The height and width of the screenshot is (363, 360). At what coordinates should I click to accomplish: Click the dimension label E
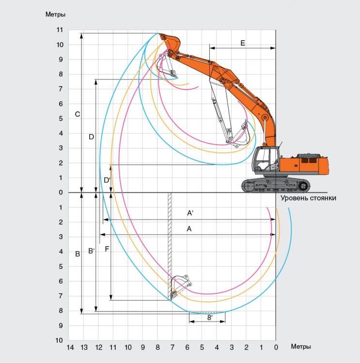(x=242, y=43)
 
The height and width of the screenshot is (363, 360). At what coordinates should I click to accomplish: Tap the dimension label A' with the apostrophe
(x=190, y=213)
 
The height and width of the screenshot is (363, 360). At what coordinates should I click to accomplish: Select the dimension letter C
(x=78, y=114)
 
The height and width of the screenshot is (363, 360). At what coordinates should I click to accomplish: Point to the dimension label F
(x=107, y=249)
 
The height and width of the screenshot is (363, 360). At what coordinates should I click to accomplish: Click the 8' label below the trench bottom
(x=209, y=318)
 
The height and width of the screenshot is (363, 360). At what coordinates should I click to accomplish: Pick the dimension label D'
(x=107, y=180)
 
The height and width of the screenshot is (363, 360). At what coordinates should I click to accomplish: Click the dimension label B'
(x=92, y=251)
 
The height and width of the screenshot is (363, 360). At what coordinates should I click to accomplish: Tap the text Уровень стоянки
(x=308, y=198)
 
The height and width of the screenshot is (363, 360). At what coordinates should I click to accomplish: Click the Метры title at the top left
(x=55, y=15)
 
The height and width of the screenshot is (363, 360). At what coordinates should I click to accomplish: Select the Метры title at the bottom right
(x=301, y=347)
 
